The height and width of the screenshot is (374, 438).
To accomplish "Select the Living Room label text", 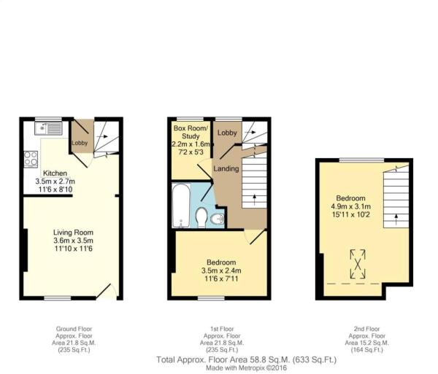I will [x=73, y=233].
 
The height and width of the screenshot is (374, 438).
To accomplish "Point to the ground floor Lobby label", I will [x=80, y=143].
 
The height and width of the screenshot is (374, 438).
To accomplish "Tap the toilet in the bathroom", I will [x=201, y=217].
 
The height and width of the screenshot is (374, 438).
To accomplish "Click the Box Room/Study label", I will [x=191, y=132].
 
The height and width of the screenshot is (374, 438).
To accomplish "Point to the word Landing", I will [x=226, y=169].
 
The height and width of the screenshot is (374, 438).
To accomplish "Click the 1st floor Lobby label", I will [x=227, y=133].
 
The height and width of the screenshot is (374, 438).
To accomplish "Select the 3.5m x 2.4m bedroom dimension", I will [x=220, y=270].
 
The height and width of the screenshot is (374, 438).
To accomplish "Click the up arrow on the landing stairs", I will [x=254, y=198].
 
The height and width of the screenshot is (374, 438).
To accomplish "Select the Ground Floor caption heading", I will [x=74, y=329].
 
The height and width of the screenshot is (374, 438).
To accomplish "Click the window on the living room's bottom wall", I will [x=57, y=297].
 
